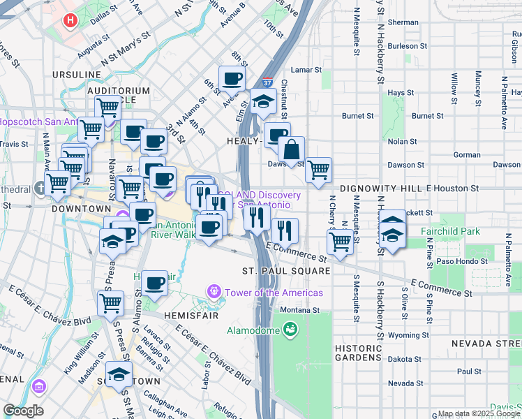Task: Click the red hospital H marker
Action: (x=70, y=20)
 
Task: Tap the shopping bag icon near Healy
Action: (x=291, y=149)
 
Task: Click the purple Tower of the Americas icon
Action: (x=214, y=291)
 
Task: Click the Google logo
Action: (x=22, y=411)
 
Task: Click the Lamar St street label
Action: (x=305, y=70)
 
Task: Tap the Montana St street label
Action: (x=299, y=309)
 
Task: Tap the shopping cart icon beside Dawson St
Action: (x=318, y=170)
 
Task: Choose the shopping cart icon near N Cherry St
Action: (x=340, y=242)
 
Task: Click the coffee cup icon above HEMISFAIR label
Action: (x=154, y=284)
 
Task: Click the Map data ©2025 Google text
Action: (x=479, y=413)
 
